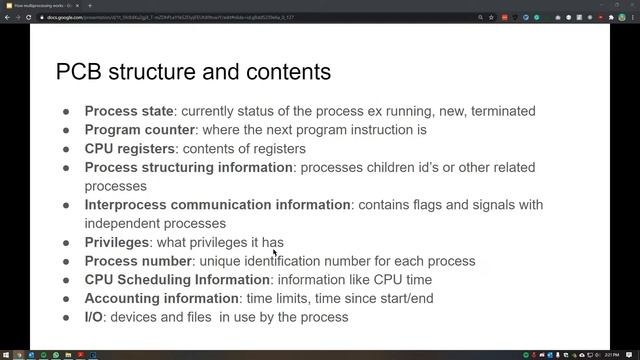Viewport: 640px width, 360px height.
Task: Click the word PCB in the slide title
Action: (x=80, y=72)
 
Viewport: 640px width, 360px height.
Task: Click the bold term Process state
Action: (x=129, y=111)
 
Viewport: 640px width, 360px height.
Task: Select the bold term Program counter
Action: (x=139, y=130)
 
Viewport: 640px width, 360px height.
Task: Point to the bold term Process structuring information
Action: (x=189, y=167)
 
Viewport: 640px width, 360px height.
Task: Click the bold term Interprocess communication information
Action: (x=218, y=204)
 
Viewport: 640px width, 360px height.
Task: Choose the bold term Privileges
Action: (x=117, y=242)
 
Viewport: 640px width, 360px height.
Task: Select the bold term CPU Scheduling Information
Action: (x=177, y=279)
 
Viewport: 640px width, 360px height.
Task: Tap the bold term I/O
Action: (x=94, y=317)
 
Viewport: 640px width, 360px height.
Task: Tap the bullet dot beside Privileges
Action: (x=66, y=242)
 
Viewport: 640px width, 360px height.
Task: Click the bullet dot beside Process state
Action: (x=66, y=111)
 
